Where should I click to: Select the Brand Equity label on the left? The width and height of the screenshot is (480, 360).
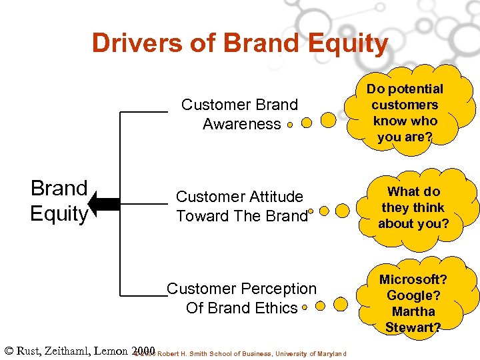[59, 201]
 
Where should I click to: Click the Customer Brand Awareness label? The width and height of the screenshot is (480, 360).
[239, 114]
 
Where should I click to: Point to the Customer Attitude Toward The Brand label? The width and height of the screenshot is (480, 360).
[241, 206]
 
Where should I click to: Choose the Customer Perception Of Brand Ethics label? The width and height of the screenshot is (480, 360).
[241, 298]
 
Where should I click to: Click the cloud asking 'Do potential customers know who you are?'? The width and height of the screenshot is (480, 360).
[404, 113]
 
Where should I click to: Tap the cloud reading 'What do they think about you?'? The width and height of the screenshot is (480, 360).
[413, 207]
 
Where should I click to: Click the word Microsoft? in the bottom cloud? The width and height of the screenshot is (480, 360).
[413, 279]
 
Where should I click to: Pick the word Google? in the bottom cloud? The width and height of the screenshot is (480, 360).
[413, 295]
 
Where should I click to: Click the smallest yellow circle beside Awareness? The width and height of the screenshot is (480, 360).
[290, 124]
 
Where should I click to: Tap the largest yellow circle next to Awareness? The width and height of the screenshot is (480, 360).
[329, 120]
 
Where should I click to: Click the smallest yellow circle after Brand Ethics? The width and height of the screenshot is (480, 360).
[304, 308]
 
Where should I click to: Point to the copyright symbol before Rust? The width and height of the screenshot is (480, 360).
[9, 351]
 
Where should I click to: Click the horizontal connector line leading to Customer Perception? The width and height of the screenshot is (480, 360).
[143, 293]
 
